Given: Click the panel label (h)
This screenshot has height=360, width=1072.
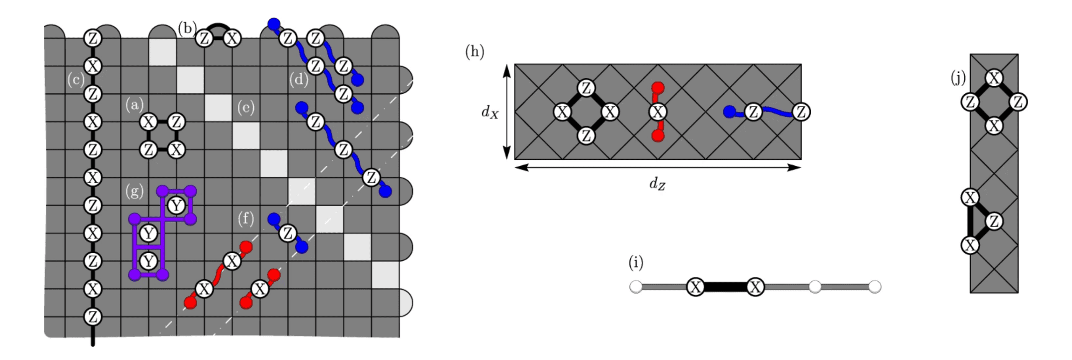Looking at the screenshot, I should (474, 52).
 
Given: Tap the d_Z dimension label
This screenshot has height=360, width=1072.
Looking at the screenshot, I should (657, 183).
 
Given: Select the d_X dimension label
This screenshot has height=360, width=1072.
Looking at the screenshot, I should (490, 112).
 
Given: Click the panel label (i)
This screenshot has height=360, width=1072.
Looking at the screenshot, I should (636, 262).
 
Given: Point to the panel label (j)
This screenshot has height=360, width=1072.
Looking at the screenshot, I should (958, 78).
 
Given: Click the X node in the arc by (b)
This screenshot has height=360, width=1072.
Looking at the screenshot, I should (232, 39).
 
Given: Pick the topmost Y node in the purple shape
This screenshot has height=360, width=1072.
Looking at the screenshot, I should (176, 206).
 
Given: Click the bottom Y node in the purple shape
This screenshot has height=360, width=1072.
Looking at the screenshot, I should (148, 261).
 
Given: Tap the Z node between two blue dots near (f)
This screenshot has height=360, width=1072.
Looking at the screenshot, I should (288, 233).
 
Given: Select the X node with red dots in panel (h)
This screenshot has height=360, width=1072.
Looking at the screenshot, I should (658, 112).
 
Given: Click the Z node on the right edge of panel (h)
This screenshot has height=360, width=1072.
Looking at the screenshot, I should (801, 112).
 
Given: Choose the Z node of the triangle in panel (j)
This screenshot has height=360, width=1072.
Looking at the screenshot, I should (994, 221).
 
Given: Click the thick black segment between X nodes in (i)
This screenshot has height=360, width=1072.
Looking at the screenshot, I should (725, 287).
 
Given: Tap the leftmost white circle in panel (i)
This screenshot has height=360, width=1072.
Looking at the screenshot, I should (636, 287).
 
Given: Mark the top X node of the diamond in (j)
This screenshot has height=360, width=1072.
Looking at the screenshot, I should (994, 78).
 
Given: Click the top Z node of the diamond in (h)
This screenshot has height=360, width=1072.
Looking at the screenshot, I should (586, 88).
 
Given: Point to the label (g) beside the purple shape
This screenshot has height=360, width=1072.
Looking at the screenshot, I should (134, 191).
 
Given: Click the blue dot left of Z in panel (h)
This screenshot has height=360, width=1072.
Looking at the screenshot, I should (729, 112).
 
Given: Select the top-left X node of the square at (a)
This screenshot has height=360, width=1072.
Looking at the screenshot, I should (148, 122).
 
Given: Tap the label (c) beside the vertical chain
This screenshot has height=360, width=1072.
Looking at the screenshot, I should (76, 80).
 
